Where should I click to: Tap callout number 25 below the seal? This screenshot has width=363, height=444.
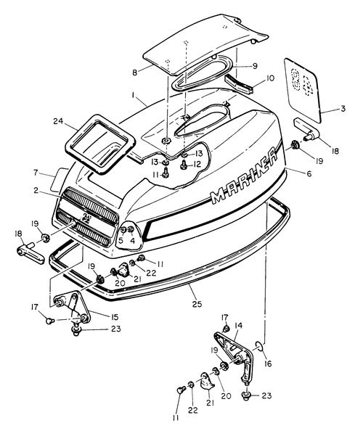(197, 304)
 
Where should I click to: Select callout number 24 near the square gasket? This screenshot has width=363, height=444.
(60, 121)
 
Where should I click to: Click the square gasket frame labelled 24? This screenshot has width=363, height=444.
(99, 144)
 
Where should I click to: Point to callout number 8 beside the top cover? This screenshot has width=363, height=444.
(134, 73)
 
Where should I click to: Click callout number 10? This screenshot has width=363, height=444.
(270, 78)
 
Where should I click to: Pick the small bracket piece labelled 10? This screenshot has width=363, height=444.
(239, 84)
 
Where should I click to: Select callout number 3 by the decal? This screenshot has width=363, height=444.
(343, 108)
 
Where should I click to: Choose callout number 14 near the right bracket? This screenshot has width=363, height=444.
(239, 326)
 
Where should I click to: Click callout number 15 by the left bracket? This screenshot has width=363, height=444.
(114, 317)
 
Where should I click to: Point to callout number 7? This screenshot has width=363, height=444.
(36, 172)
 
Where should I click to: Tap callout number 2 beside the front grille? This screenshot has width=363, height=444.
(36, 190)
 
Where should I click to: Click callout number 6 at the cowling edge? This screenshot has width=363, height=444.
(309, 173)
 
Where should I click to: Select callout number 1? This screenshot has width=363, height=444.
(133, 96)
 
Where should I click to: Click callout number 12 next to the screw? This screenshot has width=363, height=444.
(197, 164)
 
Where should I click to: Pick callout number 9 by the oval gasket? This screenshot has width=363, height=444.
(255, 66)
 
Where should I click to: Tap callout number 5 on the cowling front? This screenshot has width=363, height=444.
(121, 241)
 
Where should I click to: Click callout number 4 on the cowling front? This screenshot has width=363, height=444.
(132, 241)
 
